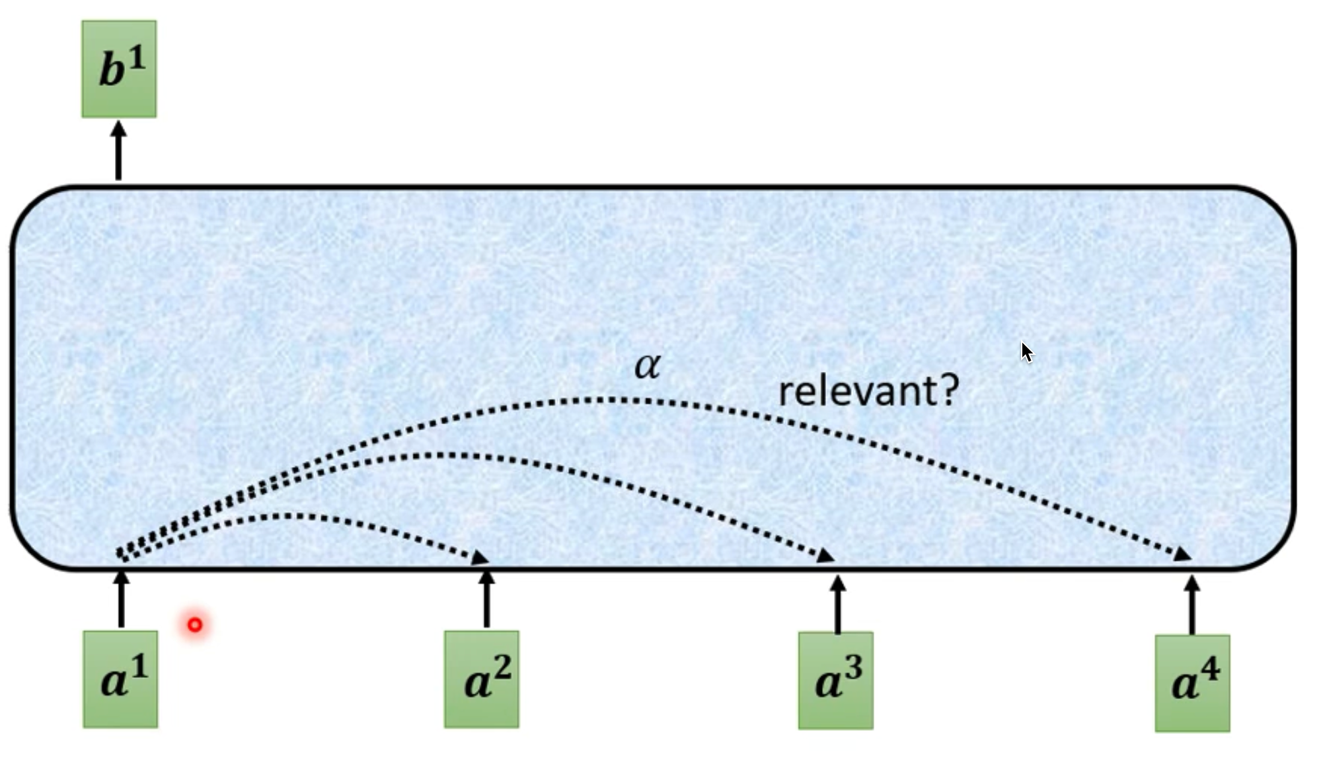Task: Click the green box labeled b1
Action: pos(119,69)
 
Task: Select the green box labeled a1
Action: pos(120,680)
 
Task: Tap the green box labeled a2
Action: pos(482,680)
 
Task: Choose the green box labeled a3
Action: pos(836,681)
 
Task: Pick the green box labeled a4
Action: pos(1193,684)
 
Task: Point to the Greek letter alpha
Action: pos(648,365)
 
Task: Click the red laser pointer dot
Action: pos(195,624)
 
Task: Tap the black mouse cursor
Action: pos(1027,352)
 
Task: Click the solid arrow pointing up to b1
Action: pos(119,150)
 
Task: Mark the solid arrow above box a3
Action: pos(838,604)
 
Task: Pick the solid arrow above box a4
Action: pos(1192,605)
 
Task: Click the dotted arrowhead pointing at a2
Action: pos(480,558)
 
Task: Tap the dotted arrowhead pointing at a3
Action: pos(827,556)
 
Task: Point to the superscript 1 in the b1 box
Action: pos(136,60)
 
